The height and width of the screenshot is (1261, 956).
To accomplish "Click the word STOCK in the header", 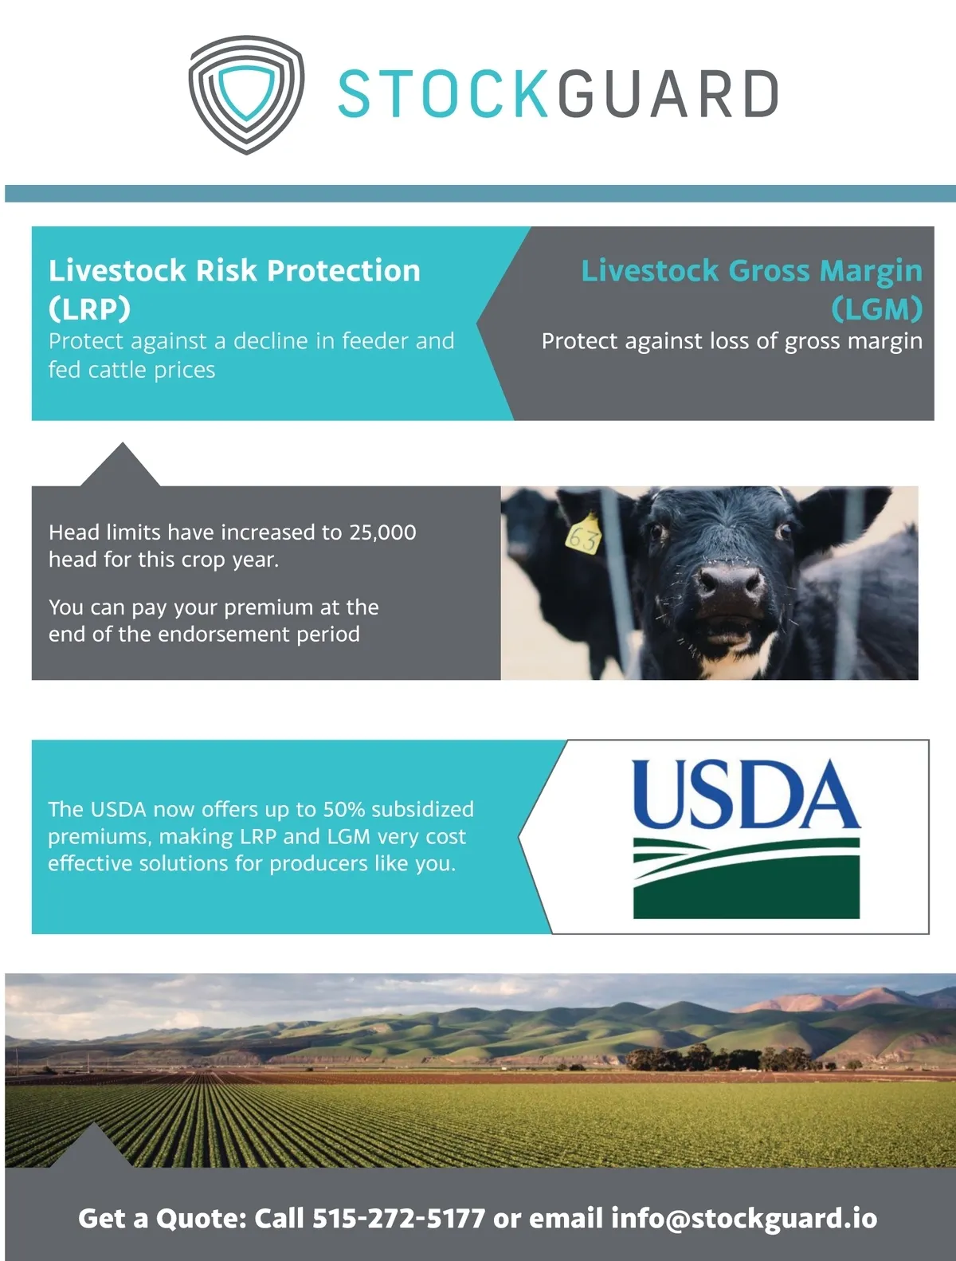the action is pyautogui.click(x=443, y=94).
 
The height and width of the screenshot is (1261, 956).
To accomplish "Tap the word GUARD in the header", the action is pyautogui.click(x=668, y=94).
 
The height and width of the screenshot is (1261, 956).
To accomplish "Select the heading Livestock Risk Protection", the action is pyautogui.click(x=234, y=270).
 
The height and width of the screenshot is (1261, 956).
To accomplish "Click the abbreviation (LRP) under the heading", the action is pyautogui.click(x=89, y=308).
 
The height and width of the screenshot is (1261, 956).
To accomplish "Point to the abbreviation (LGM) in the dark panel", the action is pyautogui.click(x=877, y=308).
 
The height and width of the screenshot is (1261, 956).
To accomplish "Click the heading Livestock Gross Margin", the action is pyautogui.click(x=751, y=271).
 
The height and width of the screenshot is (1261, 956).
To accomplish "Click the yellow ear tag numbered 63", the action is pyautogui.click(x=583, y=534).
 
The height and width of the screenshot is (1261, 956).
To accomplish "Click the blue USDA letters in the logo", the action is pyautogui.click(x=746, y=795).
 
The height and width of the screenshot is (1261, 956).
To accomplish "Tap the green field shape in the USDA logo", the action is pyautogui.click(x=746, y=878).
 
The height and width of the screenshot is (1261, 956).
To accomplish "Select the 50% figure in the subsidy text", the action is pyautogui.click(x=344, y=810).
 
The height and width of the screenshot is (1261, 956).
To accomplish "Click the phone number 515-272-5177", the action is pyautogui.click(x=398, y=1219).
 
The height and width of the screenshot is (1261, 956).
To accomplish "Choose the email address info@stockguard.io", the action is pyautogui.click(x=743, y=1219).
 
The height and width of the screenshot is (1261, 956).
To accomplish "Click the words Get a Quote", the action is pyautogui.click(x=163, y=1219).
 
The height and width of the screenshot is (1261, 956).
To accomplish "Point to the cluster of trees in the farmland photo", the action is pyautogui.click(x=719, y=1059).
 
